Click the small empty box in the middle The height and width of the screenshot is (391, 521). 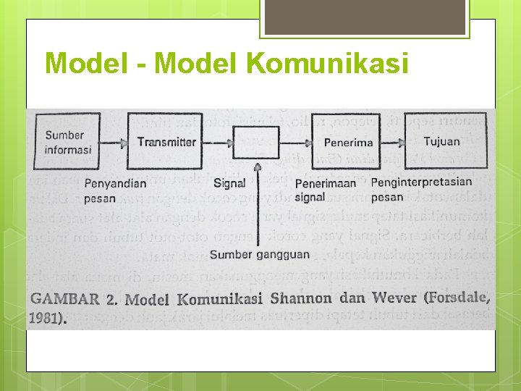click(256, 142)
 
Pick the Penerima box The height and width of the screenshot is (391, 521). click(348, 142)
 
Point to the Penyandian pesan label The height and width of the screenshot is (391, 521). click(115, 190)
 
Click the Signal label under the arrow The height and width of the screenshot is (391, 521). click(229, 183)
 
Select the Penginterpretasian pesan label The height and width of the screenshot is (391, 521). click(421, 189)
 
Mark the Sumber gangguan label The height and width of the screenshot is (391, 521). click(260, 254)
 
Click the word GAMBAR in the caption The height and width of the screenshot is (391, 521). click(64, 300)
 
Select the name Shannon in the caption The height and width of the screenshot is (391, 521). click(301, 298)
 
